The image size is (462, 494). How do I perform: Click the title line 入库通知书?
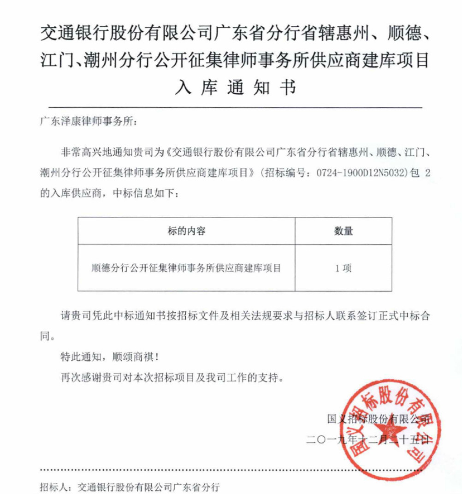(x=235, y=87)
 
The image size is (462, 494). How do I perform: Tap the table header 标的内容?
(x=186, y=231)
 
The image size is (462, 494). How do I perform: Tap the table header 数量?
(x=344, y=231)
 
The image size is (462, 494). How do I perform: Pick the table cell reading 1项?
(x=344, y=268)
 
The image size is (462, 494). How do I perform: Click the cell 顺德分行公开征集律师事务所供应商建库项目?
(x=186, y=268)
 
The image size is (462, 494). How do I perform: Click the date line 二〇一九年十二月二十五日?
(x=369, y=440)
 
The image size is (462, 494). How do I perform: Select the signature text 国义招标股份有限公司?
(x=378, y=419)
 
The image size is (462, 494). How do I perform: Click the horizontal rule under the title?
(x=231, y=107)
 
